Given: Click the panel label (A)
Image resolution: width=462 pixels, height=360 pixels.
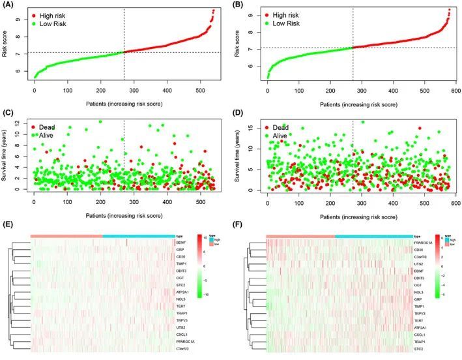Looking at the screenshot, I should (x=7, y=6).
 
